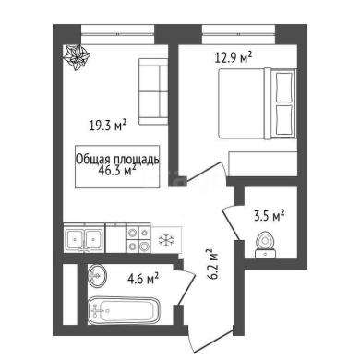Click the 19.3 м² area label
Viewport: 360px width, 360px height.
click(108, 126)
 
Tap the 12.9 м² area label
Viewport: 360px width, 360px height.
click(234, 57)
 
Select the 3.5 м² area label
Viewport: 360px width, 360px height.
click(269, 216)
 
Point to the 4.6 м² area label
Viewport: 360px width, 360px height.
click(143, 279)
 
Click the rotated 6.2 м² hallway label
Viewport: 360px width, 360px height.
click(212, 264)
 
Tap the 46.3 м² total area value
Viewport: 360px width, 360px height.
click(116, 170)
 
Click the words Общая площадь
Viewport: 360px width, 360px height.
click(117, 160)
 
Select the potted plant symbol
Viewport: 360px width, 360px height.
click(77, 57)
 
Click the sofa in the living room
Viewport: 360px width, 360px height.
click(153, 91)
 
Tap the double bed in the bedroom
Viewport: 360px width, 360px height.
click(258, 103)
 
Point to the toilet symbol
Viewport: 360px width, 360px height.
click(266, 245)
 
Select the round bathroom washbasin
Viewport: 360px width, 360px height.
click(97, 276)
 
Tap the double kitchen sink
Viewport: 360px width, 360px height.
click(84, 239)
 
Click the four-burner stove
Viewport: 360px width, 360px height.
click(138, 240)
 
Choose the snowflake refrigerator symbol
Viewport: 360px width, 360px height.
click(166, 240)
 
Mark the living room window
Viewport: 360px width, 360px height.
click(117, 35)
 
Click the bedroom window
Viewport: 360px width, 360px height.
click(238, 35)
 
